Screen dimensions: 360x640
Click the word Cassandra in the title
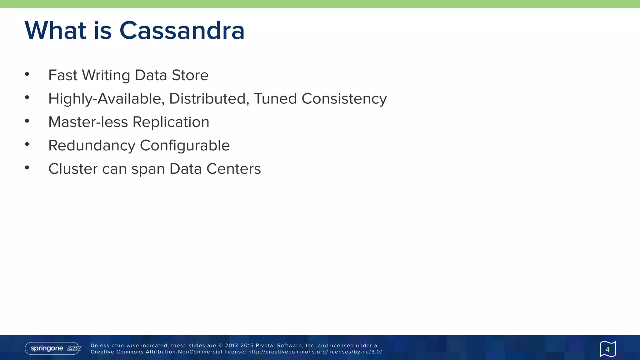(182, 31)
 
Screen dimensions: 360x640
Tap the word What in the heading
(55, 31)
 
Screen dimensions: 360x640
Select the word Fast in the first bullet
(63, 75)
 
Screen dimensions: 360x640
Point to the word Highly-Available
(106, 99)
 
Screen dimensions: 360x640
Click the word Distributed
(209, 99)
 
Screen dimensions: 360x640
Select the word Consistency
(344, 99)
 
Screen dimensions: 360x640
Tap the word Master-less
(88, 122)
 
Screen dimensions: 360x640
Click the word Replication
(171, 122)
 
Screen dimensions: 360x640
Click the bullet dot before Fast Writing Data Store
(27, 74)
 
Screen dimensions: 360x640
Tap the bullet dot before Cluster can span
(27, 168)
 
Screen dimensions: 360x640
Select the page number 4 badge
(607, 349)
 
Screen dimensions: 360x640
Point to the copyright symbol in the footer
(220, 346)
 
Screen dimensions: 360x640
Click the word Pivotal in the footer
(265, 346)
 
